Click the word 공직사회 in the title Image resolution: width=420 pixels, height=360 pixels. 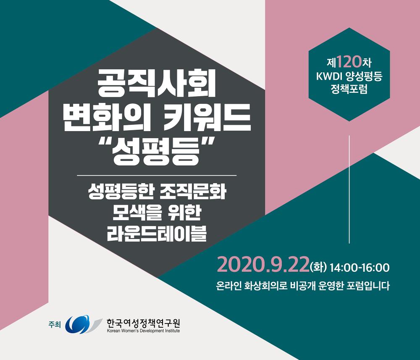tap(156, 84)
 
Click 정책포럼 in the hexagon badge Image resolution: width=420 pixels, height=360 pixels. tap(349, 89)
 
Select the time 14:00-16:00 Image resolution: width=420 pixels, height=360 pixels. tap(360, 268)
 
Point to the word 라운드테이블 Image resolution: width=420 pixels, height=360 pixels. tap(157, 233)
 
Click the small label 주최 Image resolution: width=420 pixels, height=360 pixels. tap(55, 324)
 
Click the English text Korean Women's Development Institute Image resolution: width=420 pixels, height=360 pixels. tap(143, 331)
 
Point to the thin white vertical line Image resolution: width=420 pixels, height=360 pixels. tap(349, 189)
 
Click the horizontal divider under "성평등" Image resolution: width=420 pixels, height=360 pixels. tap(157, 176)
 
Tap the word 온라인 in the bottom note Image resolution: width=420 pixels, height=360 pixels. tap(228, 286)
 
